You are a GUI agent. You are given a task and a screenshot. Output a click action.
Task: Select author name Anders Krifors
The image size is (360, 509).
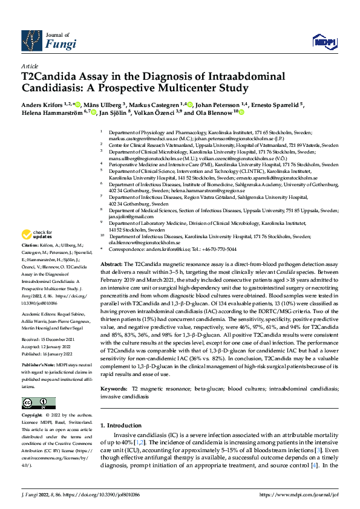pos(42,104)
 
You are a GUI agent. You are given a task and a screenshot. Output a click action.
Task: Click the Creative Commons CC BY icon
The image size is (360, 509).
pos(35,403)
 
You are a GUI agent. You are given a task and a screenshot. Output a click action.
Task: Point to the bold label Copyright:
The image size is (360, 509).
pos(33,415)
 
